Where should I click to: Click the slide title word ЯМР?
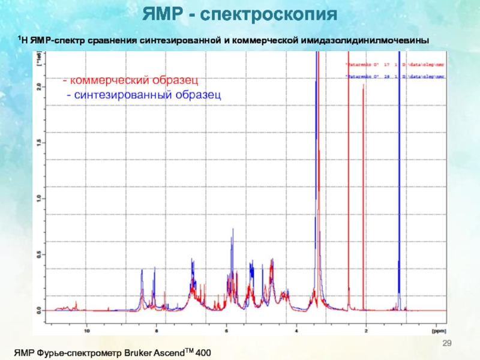click(160, 14)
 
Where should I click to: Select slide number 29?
click(446, 343)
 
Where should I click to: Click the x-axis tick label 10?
click(87, 329)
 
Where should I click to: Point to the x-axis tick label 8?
click(157, 329)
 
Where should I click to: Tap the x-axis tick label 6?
click(227, 329)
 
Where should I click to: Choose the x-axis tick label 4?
click(296, 329)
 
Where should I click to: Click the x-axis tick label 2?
click(366, 329)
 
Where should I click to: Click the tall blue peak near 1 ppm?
click(399, 180)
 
